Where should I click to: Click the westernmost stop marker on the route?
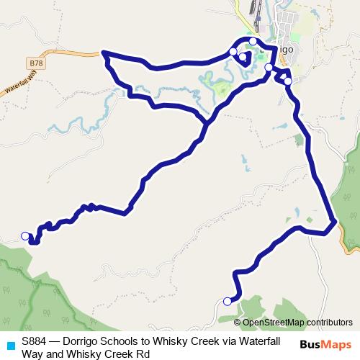pos(25,235)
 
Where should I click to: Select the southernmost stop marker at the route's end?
pos(228,302)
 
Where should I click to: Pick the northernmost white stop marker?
pos(253,42)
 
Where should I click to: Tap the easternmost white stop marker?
pos(288,81)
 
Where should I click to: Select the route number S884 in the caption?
pos(35,341)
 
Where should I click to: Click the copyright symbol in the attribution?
pos(238,323)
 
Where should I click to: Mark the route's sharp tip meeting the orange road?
pos(104,52)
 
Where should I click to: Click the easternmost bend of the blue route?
pos(335,221)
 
